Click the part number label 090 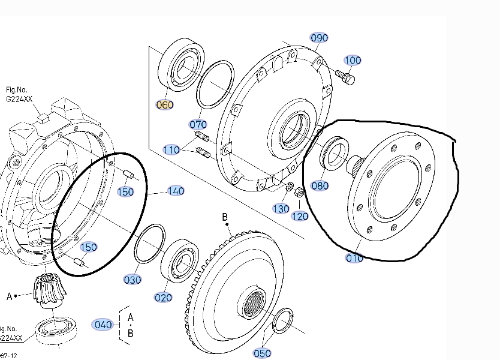coord(319,38)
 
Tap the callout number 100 coord(353,60)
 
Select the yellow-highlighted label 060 coord(164,104)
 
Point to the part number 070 coord(198,125)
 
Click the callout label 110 coord(171,149)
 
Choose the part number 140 coord(176,191)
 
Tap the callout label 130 coord(281,208)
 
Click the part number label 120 coord(300,215)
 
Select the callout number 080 coord(320,185)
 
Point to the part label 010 coord(354,259)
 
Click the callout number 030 coord(132,280)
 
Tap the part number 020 coord(163,297)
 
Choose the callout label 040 coord(103,325)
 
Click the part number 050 coord(263,353)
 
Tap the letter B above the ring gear coord(225,216)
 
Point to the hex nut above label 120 coord(300,193)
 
